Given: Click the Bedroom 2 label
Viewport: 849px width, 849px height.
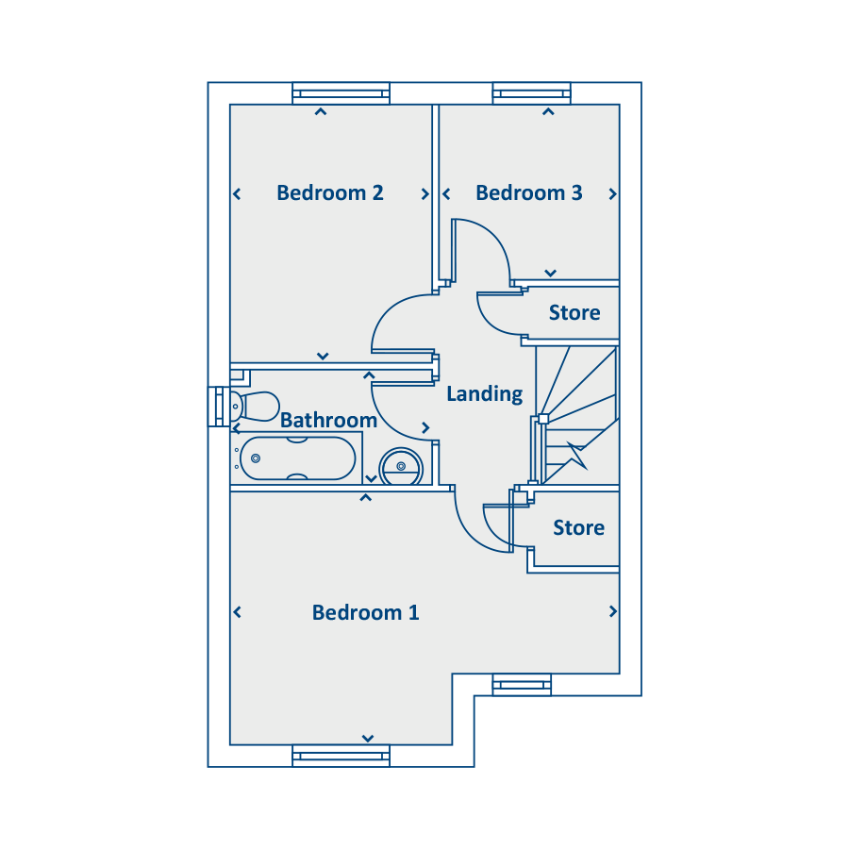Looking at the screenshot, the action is pos(330,192).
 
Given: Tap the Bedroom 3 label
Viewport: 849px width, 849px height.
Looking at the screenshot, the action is pos(529,192).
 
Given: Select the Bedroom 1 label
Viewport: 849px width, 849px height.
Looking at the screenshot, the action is pos(365,612).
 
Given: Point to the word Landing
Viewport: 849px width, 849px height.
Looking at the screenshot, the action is pos(485,394).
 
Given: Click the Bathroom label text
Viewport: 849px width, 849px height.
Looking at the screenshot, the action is pos(328,420).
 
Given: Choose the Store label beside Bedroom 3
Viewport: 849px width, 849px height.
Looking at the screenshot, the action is pos(574,312).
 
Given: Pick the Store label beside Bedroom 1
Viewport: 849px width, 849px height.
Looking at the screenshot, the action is pos(579,527).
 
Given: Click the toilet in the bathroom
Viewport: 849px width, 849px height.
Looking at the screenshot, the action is pos(255,406).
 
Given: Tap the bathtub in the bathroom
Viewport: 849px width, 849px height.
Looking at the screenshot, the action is pos(297,458).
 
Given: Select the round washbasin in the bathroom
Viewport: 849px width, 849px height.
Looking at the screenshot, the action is pos(401,466).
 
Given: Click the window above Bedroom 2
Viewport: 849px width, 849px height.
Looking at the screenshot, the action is pos(341,93).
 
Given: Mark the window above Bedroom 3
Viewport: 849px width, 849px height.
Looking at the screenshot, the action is pos(532,93).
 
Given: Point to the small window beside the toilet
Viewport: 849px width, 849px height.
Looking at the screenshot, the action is pos(219,407).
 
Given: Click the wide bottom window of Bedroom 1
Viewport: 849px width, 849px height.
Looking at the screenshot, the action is pos(341,756).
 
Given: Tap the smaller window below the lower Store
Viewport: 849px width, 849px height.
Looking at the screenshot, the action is pos(522,685).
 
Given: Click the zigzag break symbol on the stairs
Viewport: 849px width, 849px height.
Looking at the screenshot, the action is pos(577,456).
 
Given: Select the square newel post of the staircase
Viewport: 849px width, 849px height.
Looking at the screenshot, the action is pos(543,419).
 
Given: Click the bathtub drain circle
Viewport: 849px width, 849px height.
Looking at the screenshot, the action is pos(256,458).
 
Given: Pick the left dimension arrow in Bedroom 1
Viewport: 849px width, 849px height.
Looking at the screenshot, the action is pos(237,612).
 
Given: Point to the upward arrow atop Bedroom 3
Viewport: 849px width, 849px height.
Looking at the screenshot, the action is pos(548,111).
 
